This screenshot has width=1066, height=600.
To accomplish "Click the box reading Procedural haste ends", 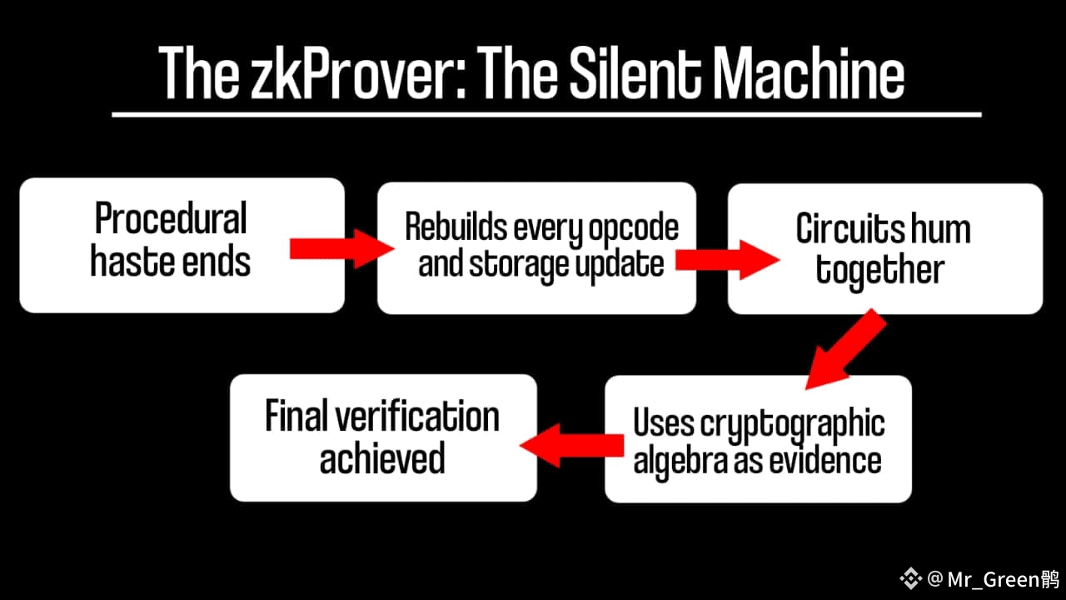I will click(182, 245).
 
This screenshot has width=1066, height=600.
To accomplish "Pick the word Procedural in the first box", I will click(171, 220).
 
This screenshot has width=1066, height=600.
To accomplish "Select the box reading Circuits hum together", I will click(884, 248).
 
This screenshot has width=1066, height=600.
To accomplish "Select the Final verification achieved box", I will click(383, 437).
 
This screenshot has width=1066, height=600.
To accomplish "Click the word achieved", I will click(382, 459).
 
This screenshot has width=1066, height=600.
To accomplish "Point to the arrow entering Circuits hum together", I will click(725, 260).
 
